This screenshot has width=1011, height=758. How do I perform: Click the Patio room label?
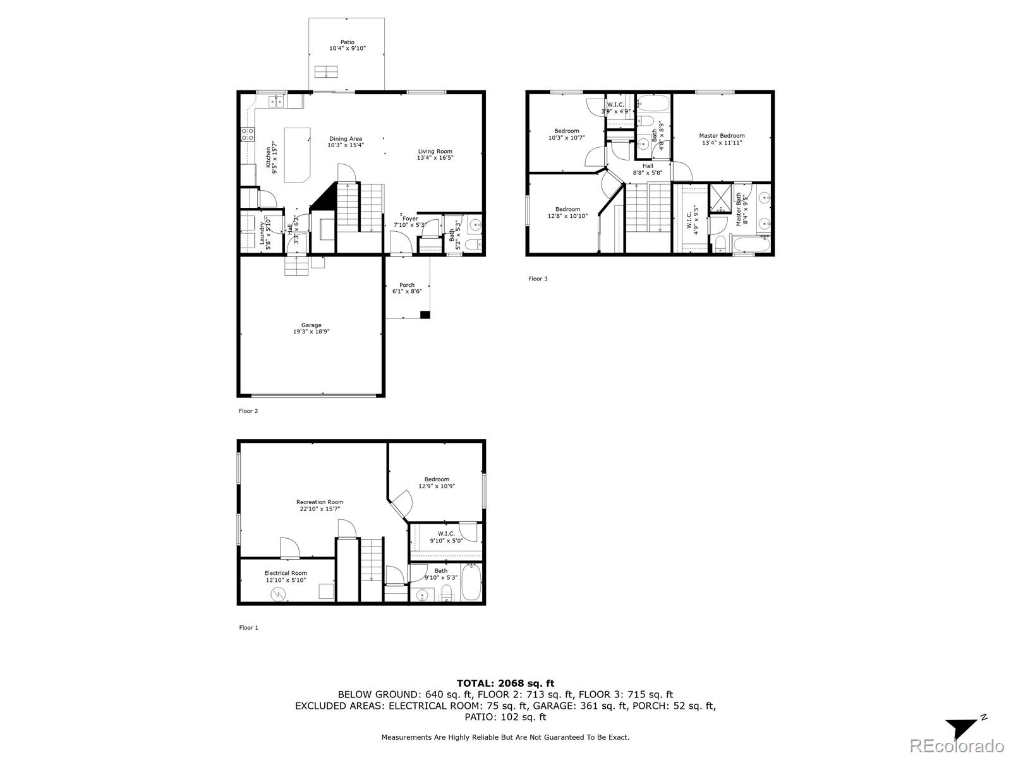pyautogui.click(x=348, y=42)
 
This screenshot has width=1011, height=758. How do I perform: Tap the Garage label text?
pyautogui.click(x=312, y=325)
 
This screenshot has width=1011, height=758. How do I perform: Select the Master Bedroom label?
pyautogui.click(x=722, y=136)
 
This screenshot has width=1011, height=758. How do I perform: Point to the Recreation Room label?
pyautogui.click(x=320, y=502)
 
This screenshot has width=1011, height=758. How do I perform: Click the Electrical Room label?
pyautogui.click(x=286, y=573)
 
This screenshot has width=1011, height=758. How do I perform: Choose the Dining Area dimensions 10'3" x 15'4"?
pyautogui.click(x=346, y=145)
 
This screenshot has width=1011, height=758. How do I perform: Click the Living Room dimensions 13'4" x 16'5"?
pyautogui.click(x=435, y=157)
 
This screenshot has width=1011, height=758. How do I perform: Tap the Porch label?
pyautogui.click(x=407, y=285)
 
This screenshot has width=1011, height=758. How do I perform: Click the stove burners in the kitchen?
pyautogui.click(x=247, y=135)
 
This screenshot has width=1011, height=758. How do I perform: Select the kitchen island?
pyautogui.click(x=297, y=155)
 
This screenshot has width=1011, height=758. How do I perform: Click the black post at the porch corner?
pyautogui.click(x=425, y=315)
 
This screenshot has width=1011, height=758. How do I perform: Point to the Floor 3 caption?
pyautogui.click(x=538, y=279)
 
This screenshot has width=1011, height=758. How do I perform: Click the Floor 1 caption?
pyautogui.click(x=249, y=627)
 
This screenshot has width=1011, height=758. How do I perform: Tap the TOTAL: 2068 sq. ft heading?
pyautogui.click(x=505, y=683)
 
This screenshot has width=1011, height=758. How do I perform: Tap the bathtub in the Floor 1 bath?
pyautogui.click(x=471, y=582)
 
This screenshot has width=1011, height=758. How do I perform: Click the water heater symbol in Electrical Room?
pyautogui.click(x=278, y=595)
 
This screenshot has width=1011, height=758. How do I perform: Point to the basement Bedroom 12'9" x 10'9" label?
pyautogui.click(x=437, y=483)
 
